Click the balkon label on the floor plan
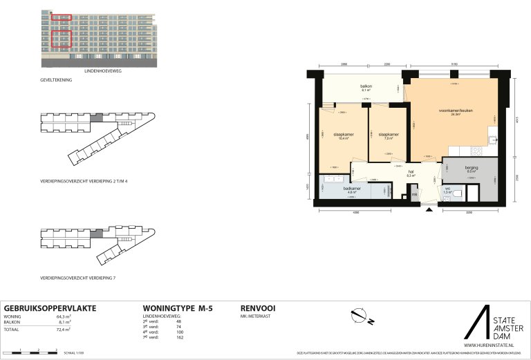(366, 86)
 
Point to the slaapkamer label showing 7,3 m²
(388, 135)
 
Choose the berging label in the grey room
(471, 168)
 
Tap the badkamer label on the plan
(352, 189)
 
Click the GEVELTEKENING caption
(56, 80)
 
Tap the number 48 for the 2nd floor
(179, 321)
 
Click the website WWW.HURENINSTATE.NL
(492, 345)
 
